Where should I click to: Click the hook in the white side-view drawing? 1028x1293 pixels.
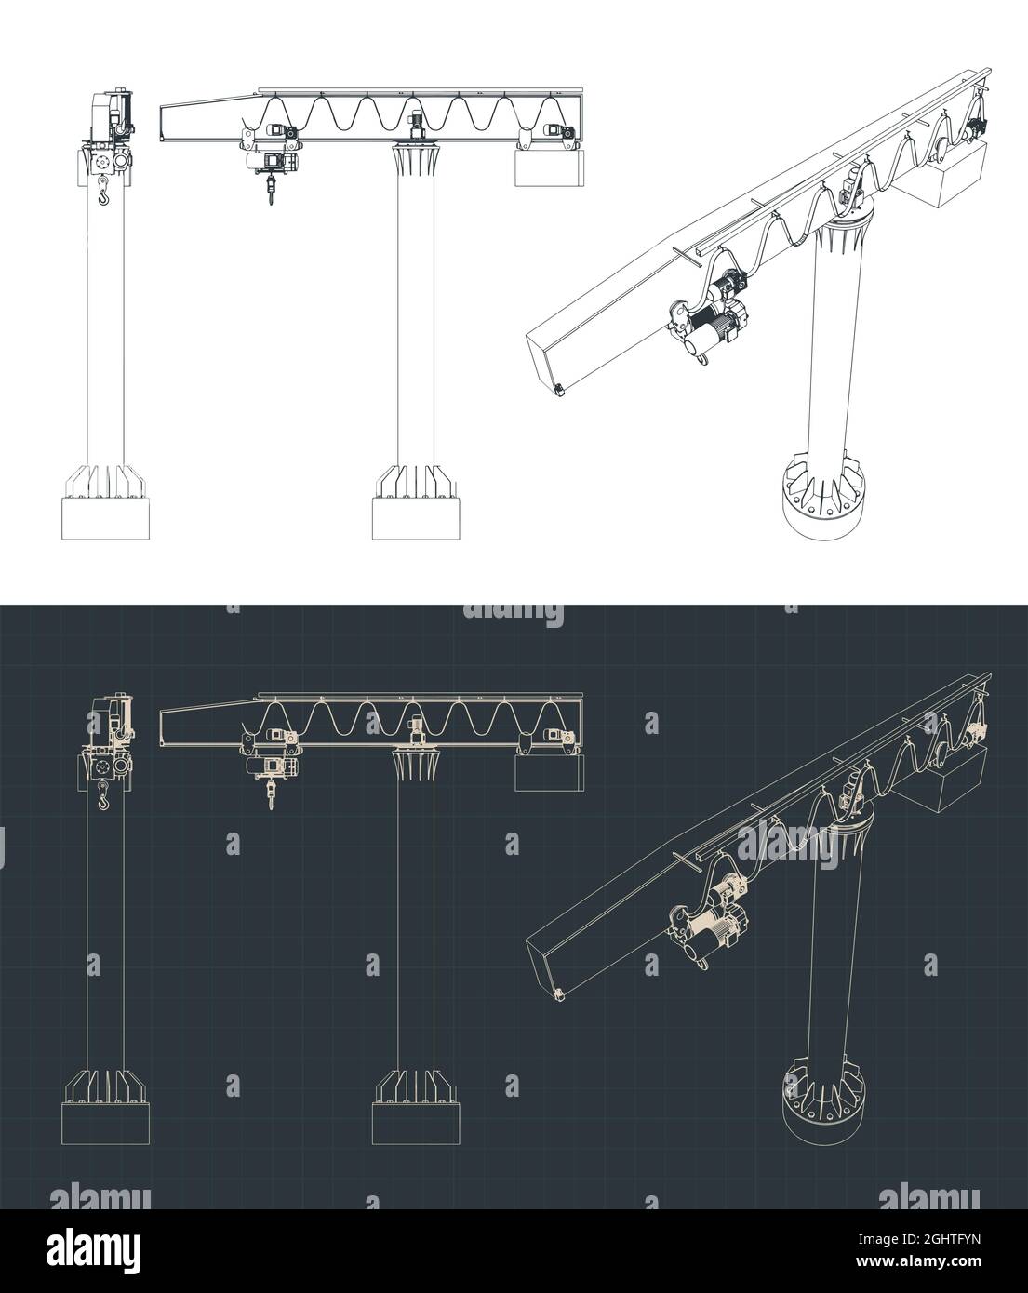102,193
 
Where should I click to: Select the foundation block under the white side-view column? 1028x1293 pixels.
105,519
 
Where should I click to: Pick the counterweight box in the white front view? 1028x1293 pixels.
551,168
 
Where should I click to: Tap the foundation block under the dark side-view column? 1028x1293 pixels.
105,1124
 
